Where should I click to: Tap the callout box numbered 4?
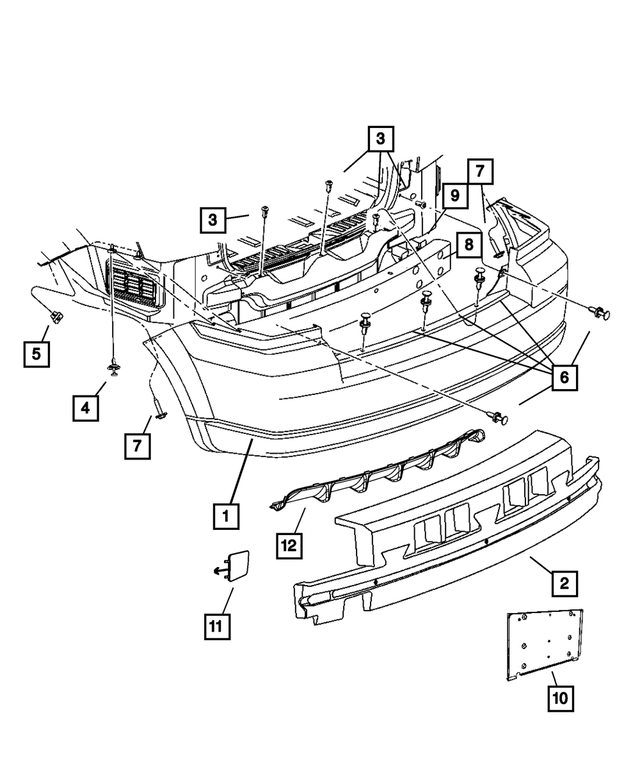pos(86,407)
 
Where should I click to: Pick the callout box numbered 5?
pos(37,352)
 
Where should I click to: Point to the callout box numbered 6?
pos(563,377)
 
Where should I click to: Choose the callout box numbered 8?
pos(466,245)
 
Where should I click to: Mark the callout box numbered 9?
pos(453,195)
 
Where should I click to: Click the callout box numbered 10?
pos(561,696)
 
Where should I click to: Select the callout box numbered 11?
pos(216,626)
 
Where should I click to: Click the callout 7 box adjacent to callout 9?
pos(478,171)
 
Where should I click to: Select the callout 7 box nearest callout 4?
pos(137,447)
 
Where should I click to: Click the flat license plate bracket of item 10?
pos(543,643)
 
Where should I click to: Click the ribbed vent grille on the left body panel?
pos(133,289)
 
